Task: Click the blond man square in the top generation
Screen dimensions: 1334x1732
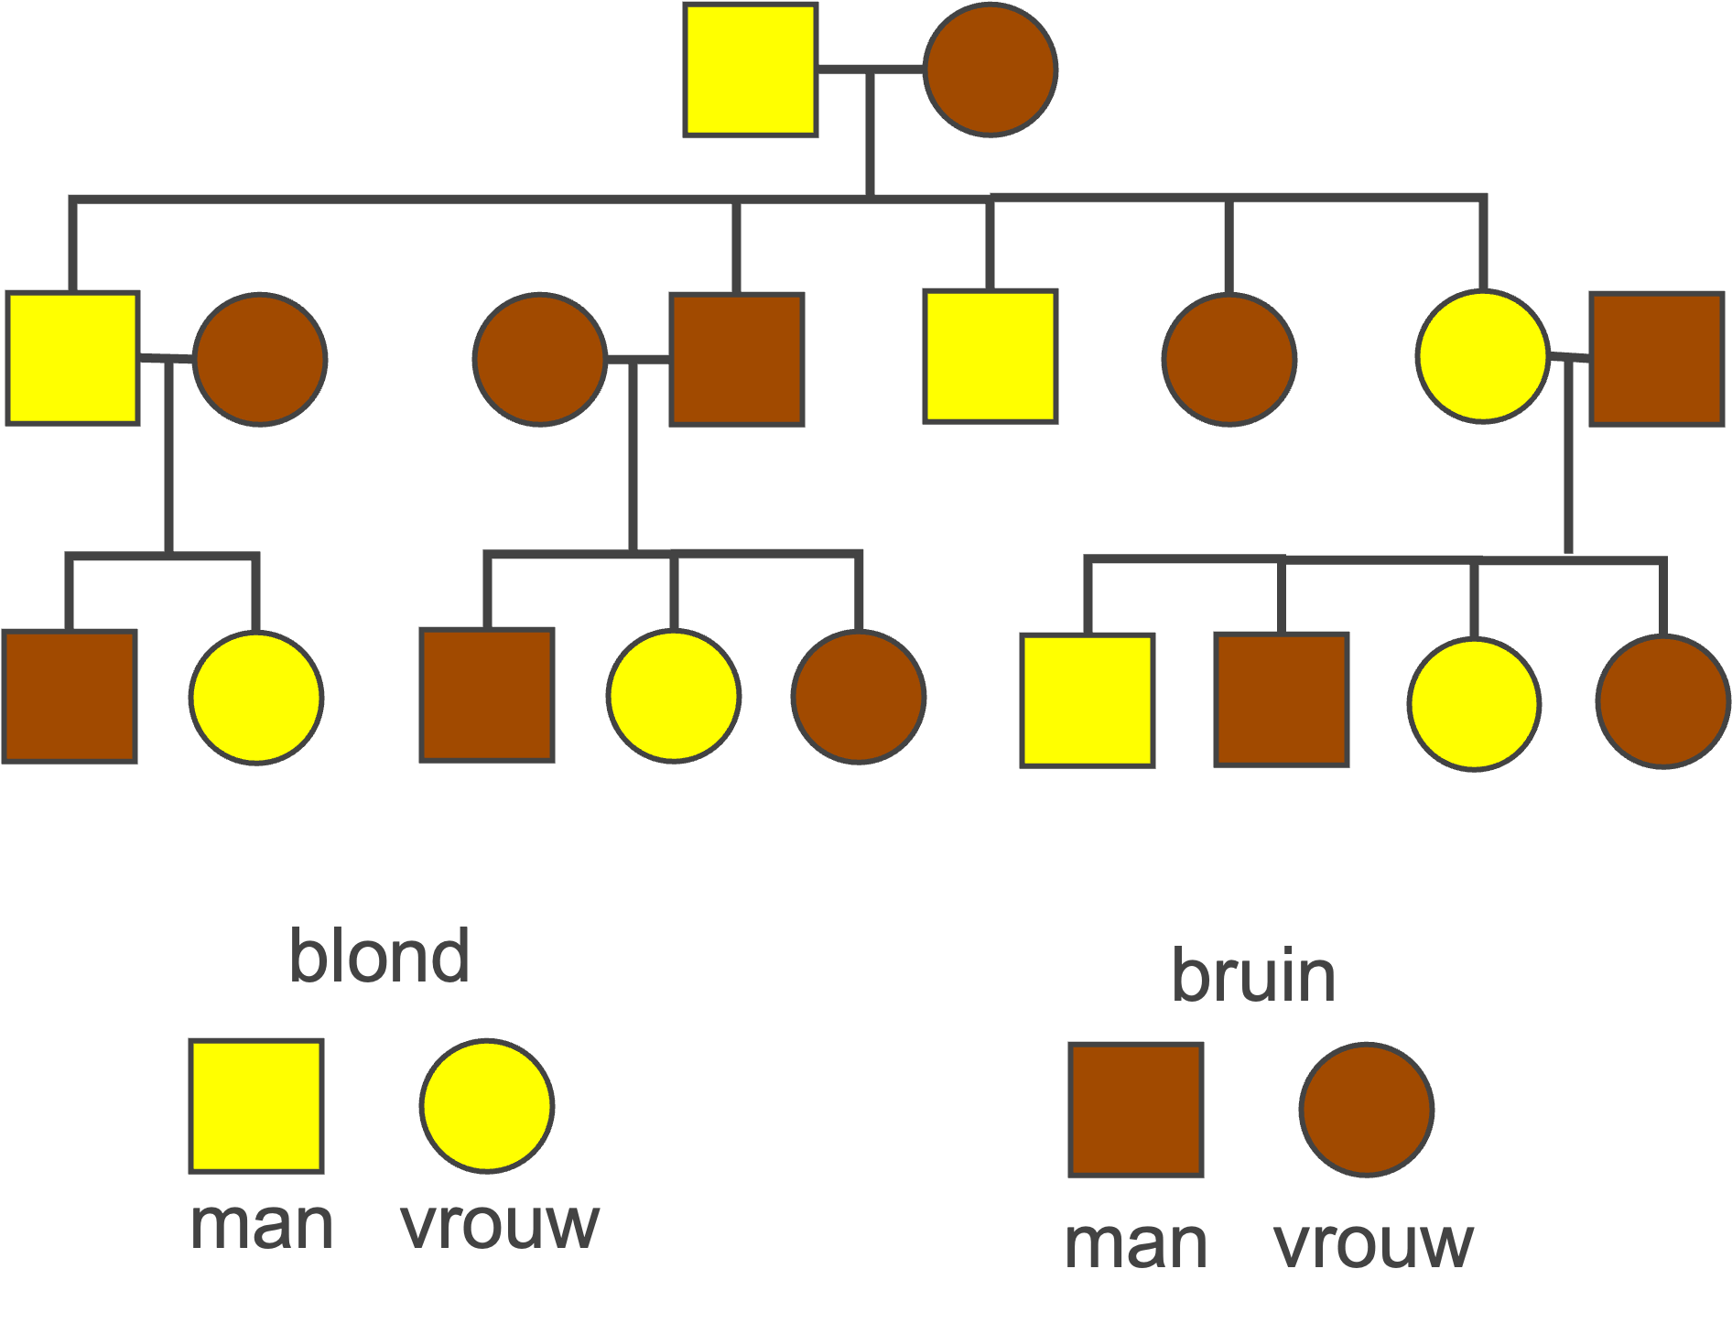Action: (751, 70)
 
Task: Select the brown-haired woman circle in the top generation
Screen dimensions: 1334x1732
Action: (990, 70)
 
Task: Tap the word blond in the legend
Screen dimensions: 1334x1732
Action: (379, 956)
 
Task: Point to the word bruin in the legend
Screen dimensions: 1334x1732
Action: (1253, 976)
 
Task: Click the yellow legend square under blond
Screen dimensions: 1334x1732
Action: (256, 1106)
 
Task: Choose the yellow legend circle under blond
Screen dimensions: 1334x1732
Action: (487, 1106)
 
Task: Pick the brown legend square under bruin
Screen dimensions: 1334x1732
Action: (1136, 1110)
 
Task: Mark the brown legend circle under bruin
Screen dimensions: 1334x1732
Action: (1367, 1110)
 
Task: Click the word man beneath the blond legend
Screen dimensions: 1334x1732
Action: (262, 1225)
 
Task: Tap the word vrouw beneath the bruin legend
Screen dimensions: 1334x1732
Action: (1373, 1243)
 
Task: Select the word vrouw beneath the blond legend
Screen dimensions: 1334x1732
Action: (500, 1225)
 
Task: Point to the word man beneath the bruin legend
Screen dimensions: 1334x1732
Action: (1136, 1243)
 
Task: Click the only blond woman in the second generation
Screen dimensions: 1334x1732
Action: (1483, 357)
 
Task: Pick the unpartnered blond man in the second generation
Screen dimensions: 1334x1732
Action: (990, 357)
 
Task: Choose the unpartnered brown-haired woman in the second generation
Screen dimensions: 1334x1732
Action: (1229, 359)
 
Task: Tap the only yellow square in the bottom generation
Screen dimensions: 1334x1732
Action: (1088, 700)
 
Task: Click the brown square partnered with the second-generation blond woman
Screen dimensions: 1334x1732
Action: (1657, 359)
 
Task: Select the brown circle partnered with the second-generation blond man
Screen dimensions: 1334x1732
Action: (260, 359)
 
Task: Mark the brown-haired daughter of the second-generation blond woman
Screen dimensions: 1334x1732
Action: (1662, 701)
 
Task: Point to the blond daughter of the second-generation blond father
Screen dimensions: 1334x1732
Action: (256, 697)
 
